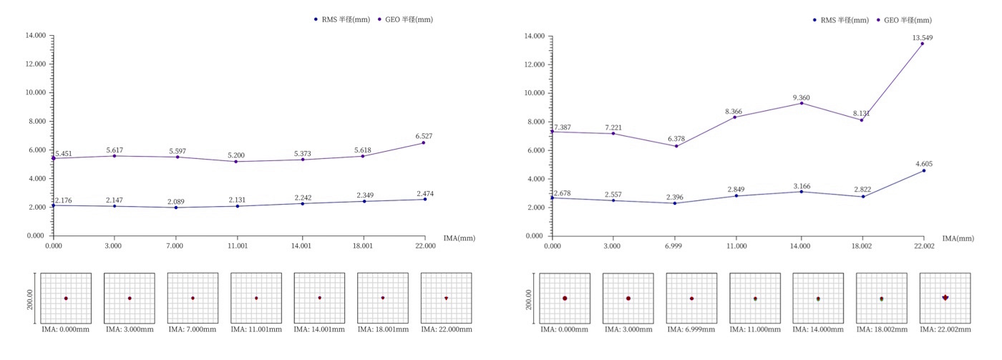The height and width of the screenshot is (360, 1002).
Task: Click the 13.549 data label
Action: click(x=922, y=37)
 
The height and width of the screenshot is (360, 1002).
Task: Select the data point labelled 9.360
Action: click(x=801, y=103)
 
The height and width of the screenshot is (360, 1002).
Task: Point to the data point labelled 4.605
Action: click(x=923, y=170)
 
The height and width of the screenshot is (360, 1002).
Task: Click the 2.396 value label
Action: click(x=677, y=197)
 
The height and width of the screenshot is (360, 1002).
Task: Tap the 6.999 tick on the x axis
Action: click(x=676, y=245)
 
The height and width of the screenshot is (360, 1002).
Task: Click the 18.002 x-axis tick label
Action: click(x=862, y=245)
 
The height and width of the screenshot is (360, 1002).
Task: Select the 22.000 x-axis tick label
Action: click(x=425, y=245)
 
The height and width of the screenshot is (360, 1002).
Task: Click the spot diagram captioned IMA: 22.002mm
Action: click(x=945, y=298)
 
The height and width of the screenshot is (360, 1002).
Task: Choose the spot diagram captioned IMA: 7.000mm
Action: click(x=193, y=298)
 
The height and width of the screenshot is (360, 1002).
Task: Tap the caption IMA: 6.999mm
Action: click(x=691, y=329)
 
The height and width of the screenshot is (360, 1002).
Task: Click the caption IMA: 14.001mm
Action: click(x=320, y=329)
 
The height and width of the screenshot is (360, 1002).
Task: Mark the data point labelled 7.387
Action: click(x=552, y=132)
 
